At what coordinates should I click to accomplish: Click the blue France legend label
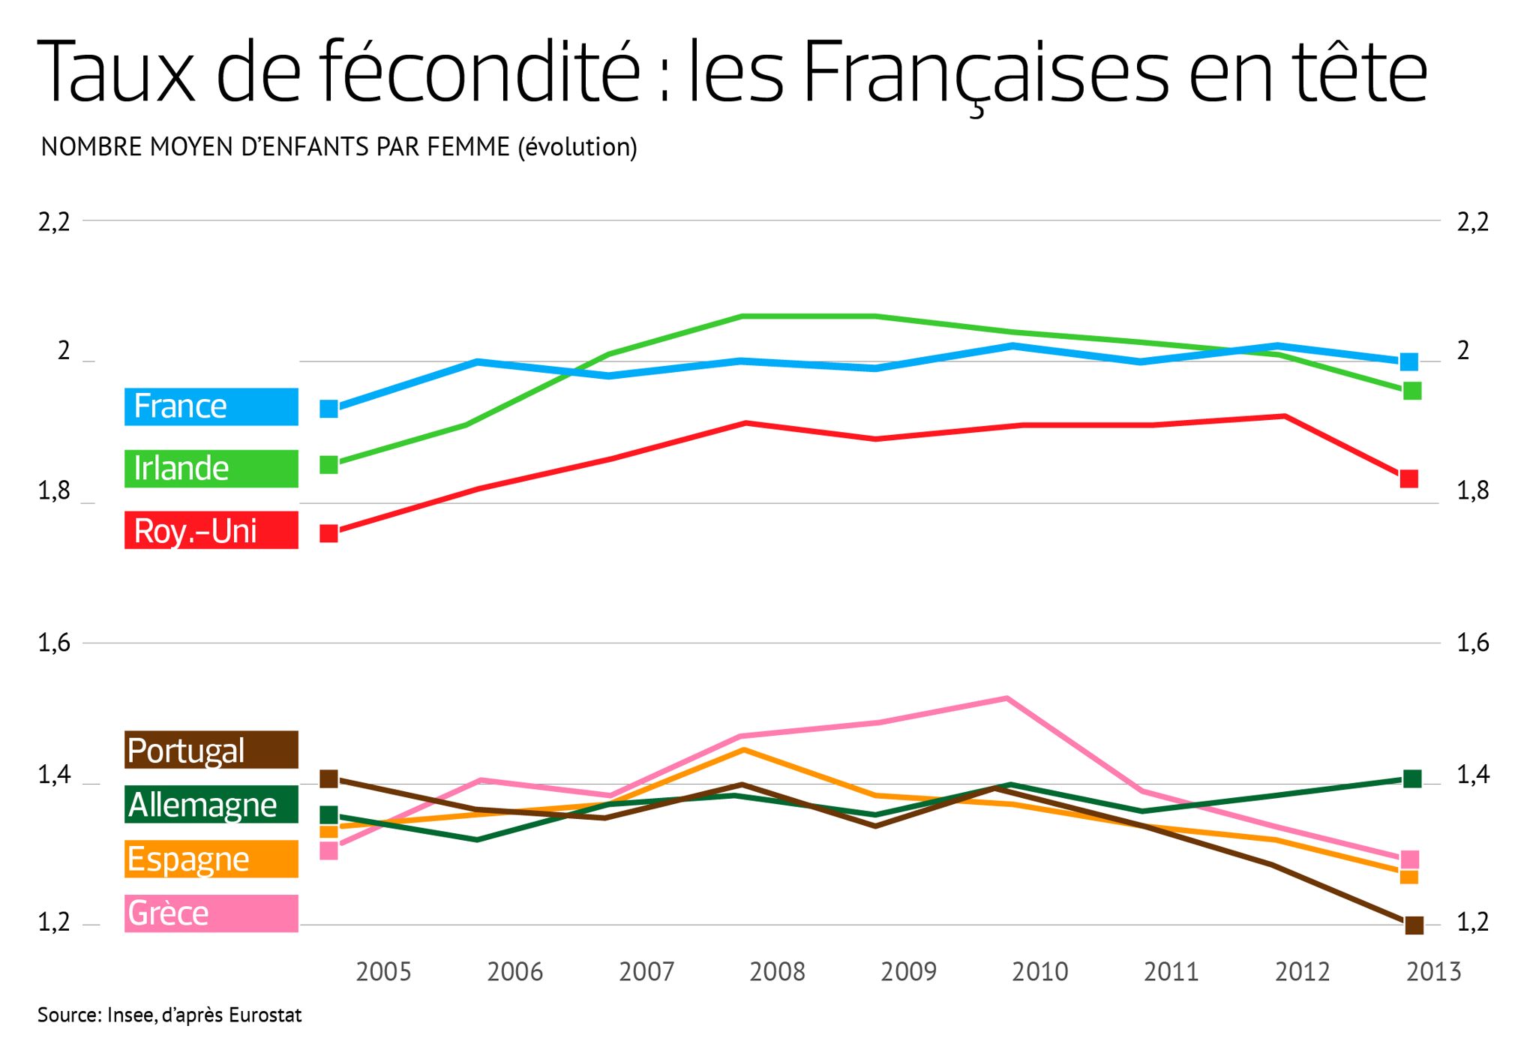[x=211, y=406]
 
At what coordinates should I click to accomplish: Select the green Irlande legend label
[x=211, y=469]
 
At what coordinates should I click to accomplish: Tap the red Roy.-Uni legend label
[x=211, y=530]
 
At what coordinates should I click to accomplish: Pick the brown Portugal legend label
[x=211, y=750]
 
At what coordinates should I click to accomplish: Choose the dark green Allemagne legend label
[x=211, y=805]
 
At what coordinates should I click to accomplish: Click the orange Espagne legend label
[x=211, y=859]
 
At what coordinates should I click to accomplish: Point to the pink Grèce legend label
[x=211, y=913]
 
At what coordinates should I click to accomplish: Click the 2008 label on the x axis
[x=777, y=972]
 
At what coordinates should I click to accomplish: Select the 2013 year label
[x=1433, y=972]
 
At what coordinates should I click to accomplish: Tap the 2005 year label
[x=383, y=972]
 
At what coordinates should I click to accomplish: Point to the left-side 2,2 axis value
[x=54, y=222]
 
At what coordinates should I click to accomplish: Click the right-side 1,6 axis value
[x=1472, y=643]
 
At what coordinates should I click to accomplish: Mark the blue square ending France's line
[x=1409, y=361]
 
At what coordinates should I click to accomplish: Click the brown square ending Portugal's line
[x=1414, y=925]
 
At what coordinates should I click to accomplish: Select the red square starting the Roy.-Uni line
[x=329, y=533]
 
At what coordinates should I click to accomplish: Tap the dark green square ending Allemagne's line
[x=1412, y=779]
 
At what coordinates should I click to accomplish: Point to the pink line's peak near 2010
[x=1006, y=698]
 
